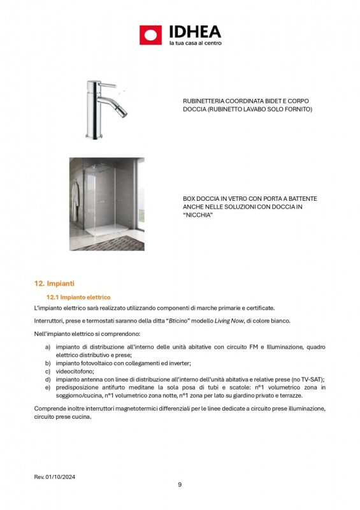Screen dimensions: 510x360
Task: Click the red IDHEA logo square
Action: [151, 35]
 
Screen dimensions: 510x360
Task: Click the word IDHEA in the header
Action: [195, 31]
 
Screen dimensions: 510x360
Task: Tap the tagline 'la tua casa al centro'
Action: [194, 43]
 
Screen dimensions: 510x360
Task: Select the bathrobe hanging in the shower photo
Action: [77, 191]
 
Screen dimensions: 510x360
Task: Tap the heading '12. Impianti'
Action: [55, 283]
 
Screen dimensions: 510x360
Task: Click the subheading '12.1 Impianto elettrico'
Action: [79, 297]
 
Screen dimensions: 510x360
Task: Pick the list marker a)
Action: [48, 347]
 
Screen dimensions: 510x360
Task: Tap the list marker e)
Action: [48, 387]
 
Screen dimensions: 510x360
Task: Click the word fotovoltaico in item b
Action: [96, 363]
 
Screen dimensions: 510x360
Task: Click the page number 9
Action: [180, 484]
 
